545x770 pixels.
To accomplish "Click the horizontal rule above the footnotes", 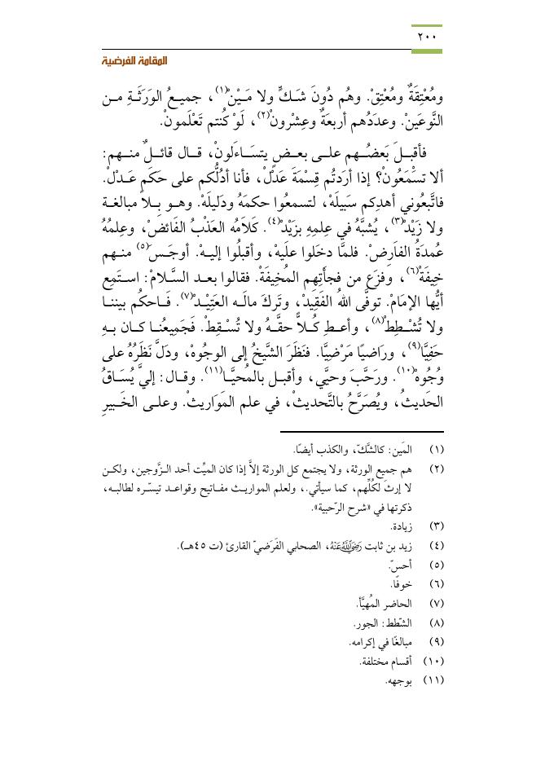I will (x=362, y=432).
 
